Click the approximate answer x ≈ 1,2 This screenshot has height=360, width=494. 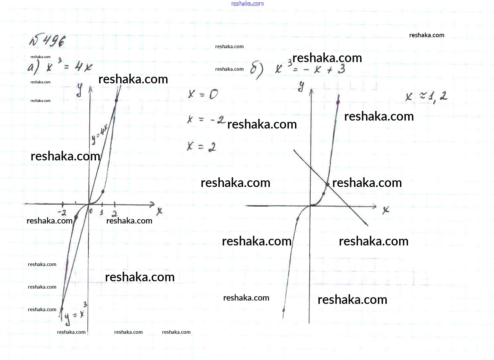pos(427,97)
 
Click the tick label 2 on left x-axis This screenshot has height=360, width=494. pos(115,213)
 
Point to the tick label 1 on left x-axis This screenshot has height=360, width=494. pos(102,213)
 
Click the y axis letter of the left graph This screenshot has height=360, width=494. pos(79,90)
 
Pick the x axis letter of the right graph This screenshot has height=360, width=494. pos(386,210)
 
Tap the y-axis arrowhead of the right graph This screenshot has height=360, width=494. pos(311,91)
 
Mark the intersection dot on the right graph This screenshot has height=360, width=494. pos(327,184)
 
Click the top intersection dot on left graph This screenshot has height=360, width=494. pos(116,100)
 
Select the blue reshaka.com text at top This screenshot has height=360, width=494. pos(247,4)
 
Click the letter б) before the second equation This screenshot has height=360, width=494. pos(256,70)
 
